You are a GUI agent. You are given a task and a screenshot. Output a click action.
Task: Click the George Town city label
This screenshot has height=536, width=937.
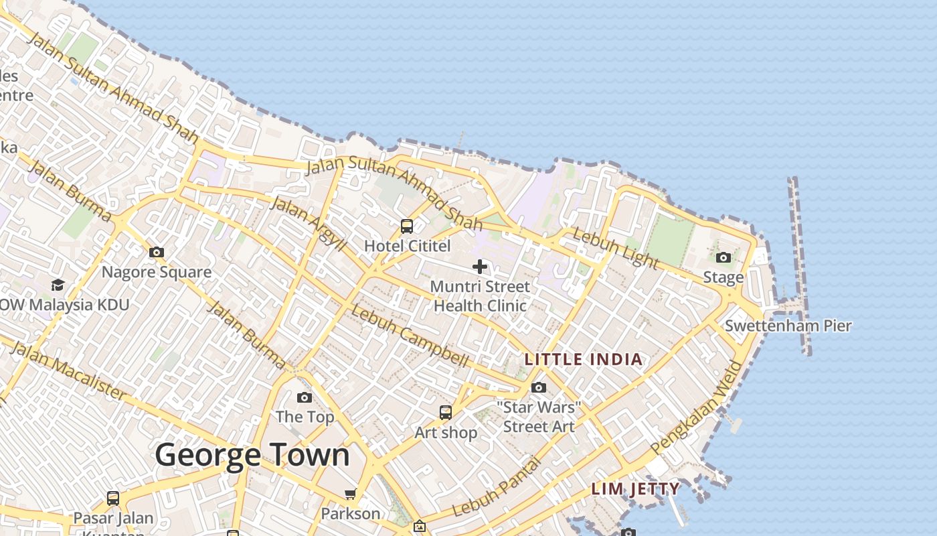click(252, 455)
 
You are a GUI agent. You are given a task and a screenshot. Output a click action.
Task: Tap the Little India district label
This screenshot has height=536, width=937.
click(583, 359)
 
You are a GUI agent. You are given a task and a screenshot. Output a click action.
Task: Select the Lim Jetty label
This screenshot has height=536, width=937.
click(635, 488)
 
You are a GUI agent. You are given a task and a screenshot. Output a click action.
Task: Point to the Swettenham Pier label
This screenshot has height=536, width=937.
click(788, 326)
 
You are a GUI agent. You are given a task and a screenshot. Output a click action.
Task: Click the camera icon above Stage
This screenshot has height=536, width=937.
click(723, 257)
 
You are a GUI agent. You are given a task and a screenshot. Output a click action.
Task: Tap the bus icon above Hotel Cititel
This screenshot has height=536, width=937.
click(406, 226)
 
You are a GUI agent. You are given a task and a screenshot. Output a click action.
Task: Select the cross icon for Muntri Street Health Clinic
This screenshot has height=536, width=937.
click(479, 267)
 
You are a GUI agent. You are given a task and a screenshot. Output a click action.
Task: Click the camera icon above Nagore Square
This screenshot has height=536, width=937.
click(156, 252)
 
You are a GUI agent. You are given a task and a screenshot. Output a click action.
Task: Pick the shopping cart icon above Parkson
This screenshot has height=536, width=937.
click(350, 494)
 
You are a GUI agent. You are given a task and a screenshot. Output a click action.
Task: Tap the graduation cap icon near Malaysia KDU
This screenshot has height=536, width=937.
click(58, 285)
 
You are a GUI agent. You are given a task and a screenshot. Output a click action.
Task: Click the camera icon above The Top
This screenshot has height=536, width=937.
click(305, 397)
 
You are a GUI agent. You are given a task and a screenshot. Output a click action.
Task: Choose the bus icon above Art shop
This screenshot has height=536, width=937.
click(445, 412)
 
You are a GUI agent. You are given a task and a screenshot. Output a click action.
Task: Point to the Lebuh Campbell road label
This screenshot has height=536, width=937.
click(410, 336)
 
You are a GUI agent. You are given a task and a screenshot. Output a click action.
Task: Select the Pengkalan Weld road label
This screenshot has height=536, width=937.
click(697, 407)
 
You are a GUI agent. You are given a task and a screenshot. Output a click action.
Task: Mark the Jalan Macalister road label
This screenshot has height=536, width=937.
click(68, 371)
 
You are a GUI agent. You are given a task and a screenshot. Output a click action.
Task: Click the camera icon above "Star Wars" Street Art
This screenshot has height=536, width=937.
click(538, 387)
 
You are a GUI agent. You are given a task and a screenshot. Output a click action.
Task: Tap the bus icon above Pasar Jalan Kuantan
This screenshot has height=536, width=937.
click(112, 498)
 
